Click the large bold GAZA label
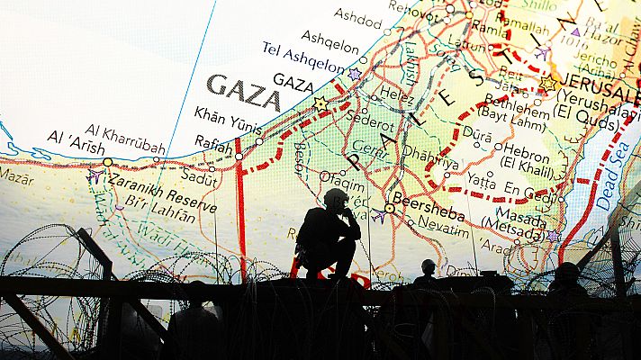[242, 93]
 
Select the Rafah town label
[212, 143]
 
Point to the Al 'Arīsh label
[76, 141]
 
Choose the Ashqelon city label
[330, 40]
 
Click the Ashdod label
[357, 18]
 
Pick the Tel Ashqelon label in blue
[302, 58]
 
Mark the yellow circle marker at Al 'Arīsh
[108, 162]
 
